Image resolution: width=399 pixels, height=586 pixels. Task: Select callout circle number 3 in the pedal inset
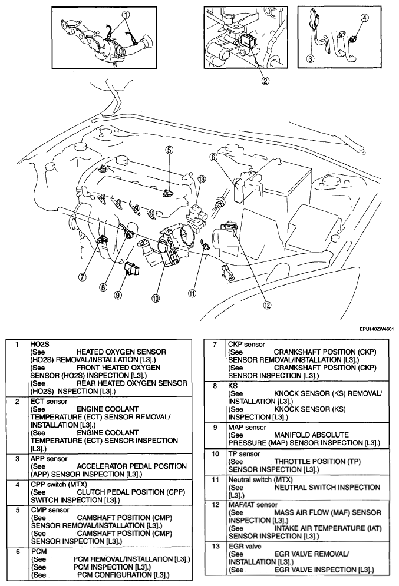coord(311,58)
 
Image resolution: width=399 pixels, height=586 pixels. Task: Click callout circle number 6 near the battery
coord(213,157)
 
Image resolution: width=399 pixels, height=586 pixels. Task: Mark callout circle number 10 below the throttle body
coord(156,298)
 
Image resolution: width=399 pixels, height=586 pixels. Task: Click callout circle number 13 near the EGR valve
coord(202,178)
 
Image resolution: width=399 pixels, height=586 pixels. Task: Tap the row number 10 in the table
coord(215,455)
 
